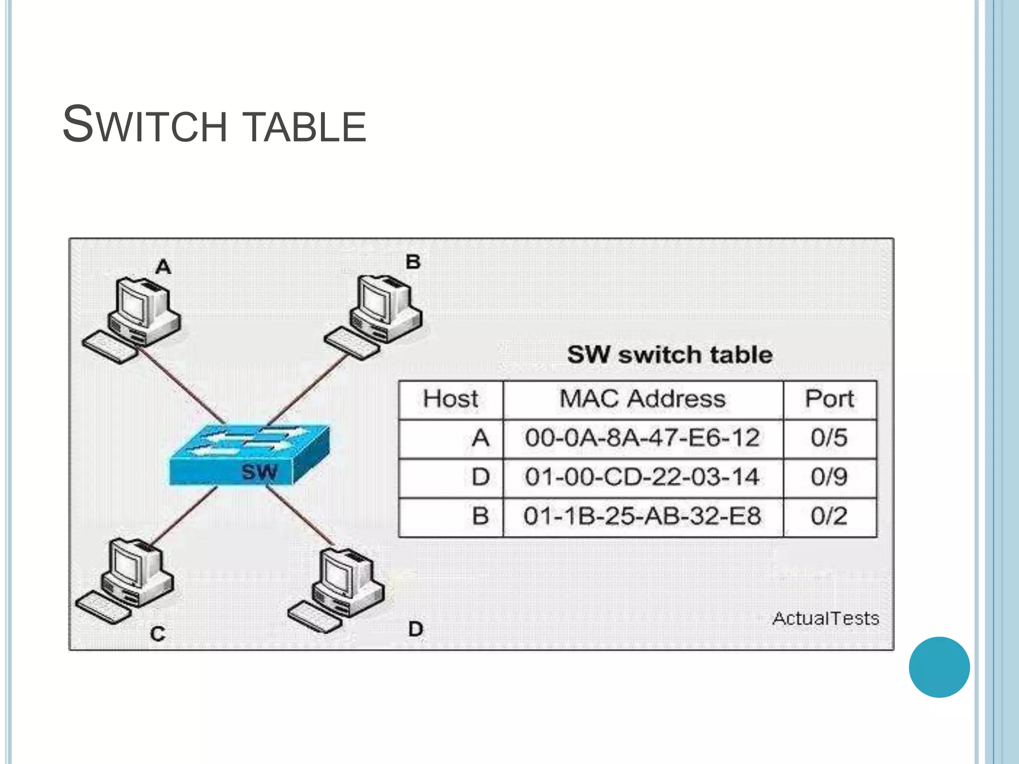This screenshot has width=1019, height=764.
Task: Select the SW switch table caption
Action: click(x=669, y=355)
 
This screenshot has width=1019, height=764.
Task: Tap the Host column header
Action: click(x=450, y=399)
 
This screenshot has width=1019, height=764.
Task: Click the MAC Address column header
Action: click(x=642, y=399)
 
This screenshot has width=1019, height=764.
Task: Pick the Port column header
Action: click(x=829, y=399)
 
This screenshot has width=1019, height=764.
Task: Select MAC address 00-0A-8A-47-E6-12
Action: click(x=642, y=438)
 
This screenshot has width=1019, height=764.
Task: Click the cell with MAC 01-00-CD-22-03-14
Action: click(x=642, y=477)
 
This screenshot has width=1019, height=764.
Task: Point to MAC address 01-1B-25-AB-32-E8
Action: click(x=642, y=516)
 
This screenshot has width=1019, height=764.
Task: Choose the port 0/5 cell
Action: click(x=829, y=438)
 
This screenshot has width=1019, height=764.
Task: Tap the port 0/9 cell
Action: click(x=829, y=477)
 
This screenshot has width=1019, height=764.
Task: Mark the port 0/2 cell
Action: click(x=829, y=516)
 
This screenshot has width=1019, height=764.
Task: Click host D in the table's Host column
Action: click(x=480, y=477)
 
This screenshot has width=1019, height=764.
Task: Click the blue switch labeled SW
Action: click(x=249, y=455)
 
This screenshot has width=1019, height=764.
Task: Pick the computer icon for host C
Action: click(x=127, y=579)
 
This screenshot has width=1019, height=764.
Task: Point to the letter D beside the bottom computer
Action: click(x=415, y=630)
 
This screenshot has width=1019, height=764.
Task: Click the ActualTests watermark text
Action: click(x=825, y=619)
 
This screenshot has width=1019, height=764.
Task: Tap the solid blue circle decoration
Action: click(x=939, y=667)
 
